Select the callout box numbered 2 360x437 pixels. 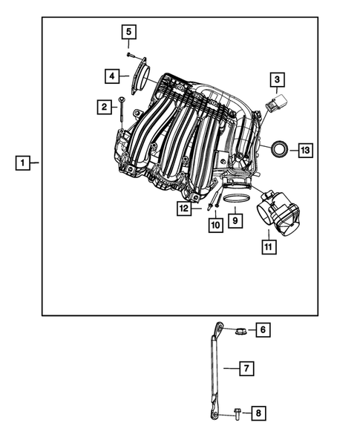(104, 108)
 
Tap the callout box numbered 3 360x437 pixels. (276, 79)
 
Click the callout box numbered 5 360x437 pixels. (129, 31)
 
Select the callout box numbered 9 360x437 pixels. (234, 220)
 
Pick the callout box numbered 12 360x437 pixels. (183, 209)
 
